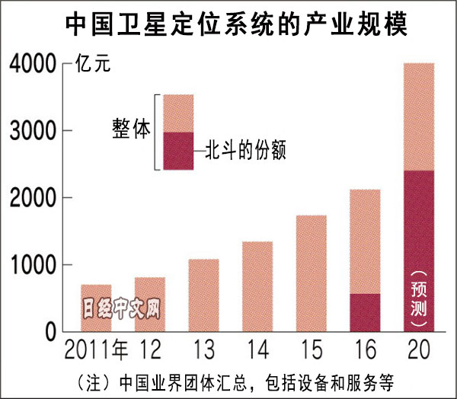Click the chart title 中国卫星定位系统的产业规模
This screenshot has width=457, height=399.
click(x=228, y=25)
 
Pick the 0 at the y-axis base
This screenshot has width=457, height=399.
click(x=50, y=331)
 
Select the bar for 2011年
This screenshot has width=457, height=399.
click(x=96, y=308)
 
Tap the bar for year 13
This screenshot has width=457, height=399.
click(x=203, y=295)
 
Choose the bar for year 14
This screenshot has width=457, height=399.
click(x=257, y=286)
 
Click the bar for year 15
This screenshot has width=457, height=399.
click(x=310, y=273)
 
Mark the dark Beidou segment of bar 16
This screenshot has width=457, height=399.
click(x=364, y=312)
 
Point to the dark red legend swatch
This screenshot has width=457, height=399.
click(x=178, y=150)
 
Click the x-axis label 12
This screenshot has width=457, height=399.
click(x=149, y=351)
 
